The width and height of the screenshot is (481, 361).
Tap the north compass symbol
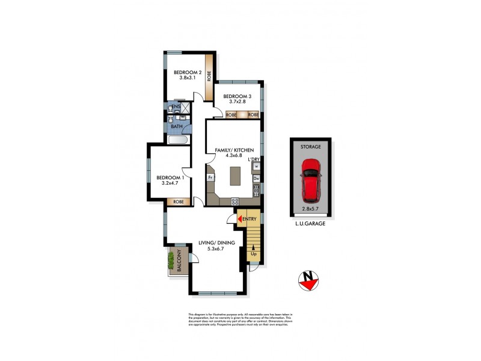(310, 280)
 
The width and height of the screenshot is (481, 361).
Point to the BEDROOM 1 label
(170, 179)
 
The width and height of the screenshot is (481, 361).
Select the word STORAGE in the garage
(311, 146)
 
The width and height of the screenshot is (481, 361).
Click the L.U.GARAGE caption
(311, 224)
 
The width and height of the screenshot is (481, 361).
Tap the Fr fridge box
(210, 178)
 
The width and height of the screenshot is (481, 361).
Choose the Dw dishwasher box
(256, 179)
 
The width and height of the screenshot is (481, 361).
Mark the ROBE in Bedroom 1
(179, 202)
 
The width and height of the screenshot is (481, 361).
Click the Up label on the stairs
(253, 254)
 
